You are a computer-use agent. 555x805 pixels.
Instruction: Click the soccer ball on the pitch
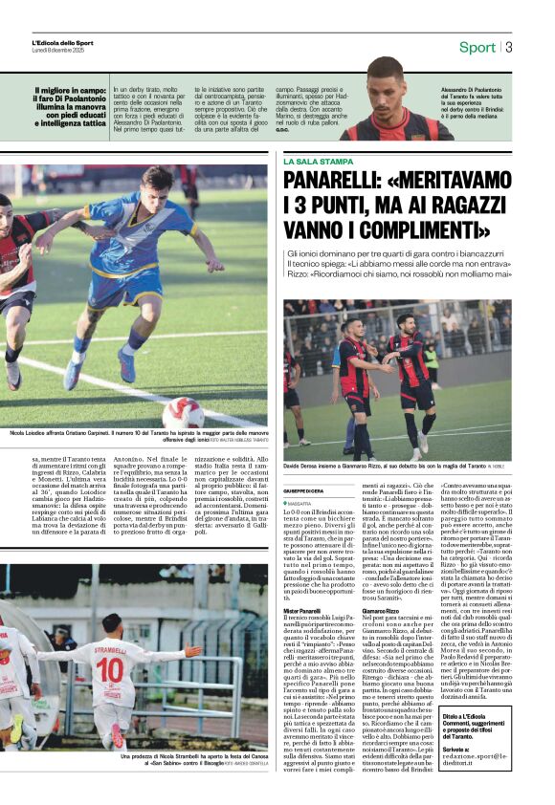(183, 412)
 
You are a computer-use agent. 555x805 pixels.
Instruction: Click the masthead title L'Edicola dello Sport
(63, 43)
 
